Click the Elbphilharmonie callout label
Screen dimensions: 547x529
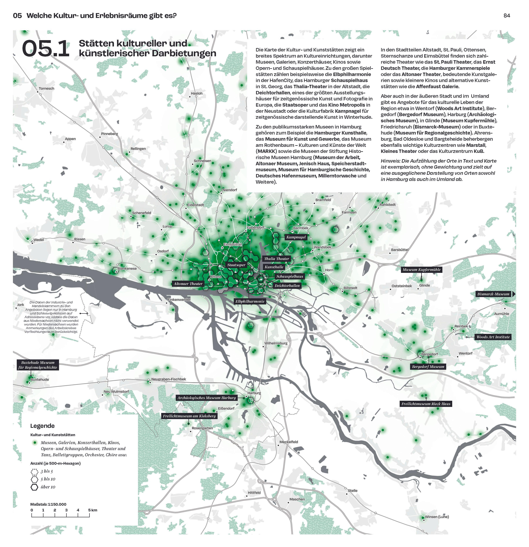tap(250, 301)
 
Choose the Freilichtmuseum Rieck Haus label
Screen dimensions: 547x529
tap(426, 404)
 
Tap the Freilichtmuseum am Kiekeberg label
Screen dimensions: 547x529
tap(189, 416)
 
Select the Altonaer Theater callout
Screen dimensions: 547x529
tap(188, 284)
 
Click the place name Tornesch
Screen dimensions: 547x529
tap(47, 88)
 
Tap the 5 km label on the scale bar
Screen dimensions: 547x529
tap(93, 510)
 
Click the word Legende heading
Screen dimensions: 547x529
tap(42, 426)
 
